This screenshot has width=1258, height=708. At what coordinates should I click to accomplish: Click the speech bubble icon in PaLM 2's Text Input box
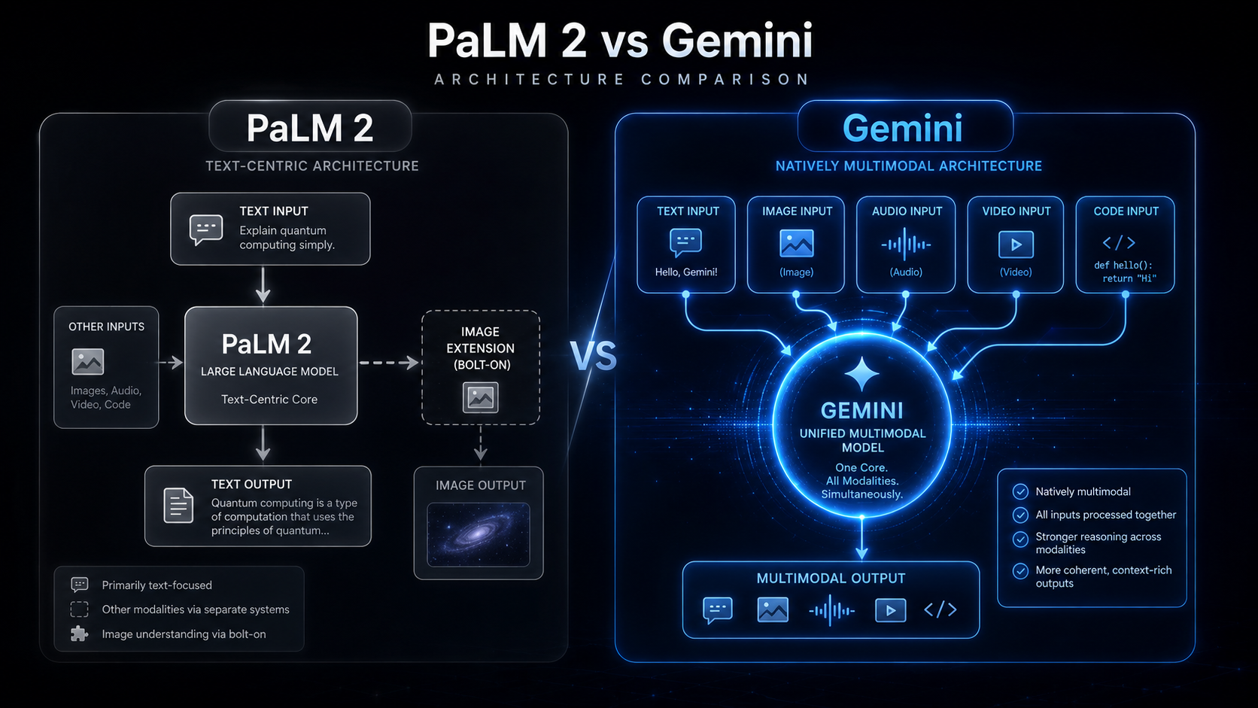206,229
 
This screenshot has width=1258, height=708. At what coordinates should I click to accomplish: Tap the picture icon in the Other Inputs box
87,362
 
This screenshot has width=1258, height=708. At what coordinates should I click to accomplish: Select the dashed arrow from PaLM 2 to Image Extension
389,363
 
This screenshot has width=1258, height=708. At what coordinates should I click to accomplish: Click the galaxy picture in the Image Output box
479,534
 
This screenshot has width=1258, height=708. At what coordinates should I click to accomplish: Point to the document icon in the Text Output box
178,506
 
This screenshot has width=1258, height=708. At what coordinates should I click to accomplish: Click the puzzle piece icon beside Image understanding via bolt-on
79,634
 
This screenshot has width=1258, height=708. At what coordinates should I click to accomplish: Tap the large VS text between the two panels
593,356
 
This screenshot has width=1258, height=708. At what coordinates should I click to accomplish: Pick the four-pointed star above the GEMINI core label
862,374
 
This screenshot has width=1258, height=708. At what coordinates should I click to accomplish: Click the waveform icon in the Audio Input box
906,245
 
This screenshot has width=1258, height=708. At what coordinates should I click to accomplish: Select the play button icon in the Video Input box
1016,245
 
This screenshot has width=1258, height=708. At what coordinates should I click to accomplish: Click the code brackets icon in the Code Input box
1119,242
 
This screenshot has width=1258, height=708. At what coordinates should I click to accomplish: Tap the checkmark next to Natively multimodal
1020,492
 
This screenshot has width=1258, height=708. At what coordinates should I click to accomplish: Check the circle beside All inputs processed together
1020,515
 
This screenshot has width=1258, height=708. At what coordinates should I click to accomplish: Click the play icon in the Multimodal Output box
890,610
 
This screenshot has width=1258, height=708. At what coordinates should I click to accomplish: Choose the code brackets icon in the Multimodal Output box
940,609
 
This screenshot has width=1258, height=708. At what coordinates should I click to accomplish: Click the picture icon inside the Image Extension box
480,397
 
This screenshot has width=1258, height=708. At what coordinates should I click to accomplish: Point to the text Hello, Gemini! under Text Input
686,272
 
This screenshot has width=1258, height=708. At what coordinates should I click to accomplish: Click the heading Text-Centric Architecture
312,166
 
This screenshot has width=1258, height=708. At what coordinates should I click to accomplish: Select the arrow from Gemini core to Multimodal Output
862,538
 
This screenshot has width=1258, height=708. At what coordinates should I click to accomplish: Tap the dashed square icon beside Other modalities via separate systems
79,609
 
